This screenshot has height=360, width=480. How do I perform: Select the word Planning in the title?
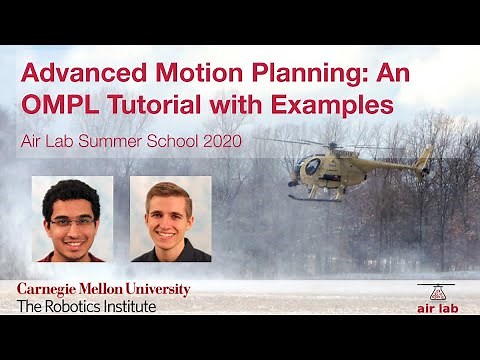click(295, 73)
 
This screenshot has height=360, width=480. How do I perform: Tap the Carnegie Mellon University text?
click(103, 290)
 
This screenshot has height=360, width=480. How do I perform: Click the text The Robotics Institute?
click(87, 306)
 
